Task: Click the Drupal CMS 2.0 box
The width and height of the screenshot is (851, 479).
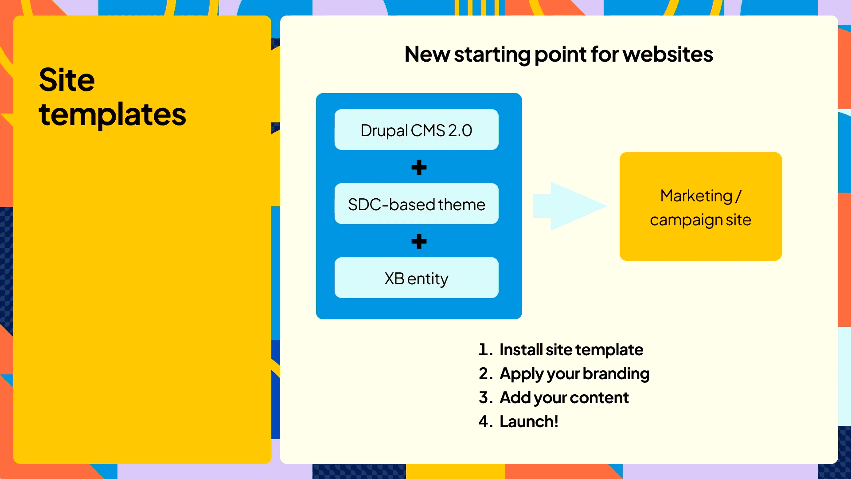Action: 416,130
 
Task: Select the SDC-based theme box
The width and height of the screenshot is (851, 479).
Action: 416,204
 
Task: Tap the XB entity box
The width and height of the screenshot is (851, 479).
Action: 416,278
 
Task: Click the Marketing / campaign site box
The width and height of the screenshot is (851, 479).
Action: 700,207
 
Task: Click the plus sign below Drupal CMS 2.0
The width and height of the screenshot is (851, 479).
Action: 419,167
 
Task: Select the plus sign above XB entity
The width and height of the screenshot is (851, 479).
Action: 419,241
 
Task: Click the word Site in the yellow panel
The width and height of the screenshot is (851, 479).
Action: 67,80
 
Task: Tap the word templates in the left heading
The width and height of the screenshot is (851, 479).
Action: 113,115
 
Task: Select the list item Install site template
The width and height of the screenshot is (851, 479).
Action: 571,350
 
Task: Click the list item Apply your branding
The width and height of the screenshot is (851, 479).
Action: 574,374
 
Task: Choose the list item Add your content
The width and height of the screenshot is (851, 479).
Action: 564,398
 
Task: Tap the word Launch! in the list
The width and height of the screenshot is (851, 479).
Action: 529,422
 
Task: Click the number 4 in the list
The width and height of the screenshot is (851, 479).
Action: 484,422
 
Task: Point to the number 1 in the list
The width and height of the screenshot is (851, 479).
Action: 484,350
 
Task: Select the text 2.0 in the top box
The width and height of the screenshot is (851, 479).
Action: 460,130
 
